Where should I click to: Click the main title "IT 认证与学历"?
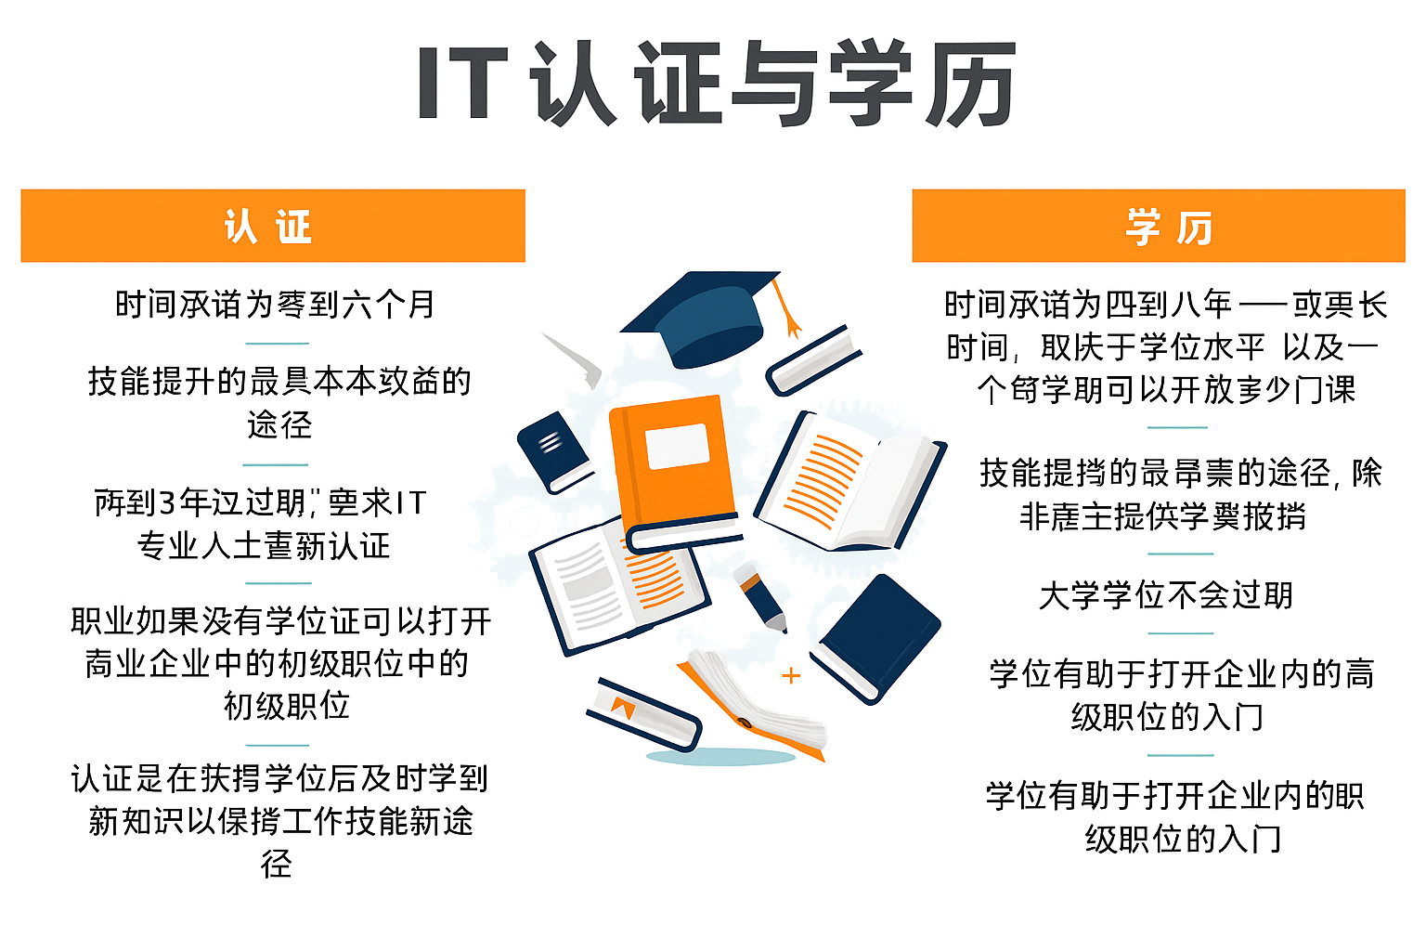point(715,84)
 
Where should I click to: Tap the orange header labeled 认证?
point(272,226)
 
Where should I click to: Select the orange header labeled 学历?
point(1158,226)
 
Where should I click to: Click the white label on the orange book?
point(677,447)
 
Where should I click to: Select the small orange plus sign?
point(791,676)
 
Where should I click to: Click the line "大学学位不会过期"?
point(1166,595)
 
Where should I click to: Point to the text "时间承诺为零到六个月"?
point(275,304)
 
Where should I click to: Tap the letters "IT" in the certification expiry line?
point(410,503)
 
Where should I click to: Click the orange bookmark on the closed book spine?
point(622,708)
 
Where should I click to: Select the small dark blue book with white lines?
point(554,449)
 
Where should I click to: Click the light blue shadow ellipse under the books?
point(719,758)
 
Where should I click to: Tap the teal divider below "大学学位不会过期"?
point(1180,633)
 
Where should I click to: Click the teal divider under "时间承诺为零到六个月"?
point(276,343)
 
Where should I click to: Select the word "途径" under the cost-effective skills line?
point(279,424)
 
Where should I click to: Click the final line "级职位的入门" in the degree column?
point(1183,839)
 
